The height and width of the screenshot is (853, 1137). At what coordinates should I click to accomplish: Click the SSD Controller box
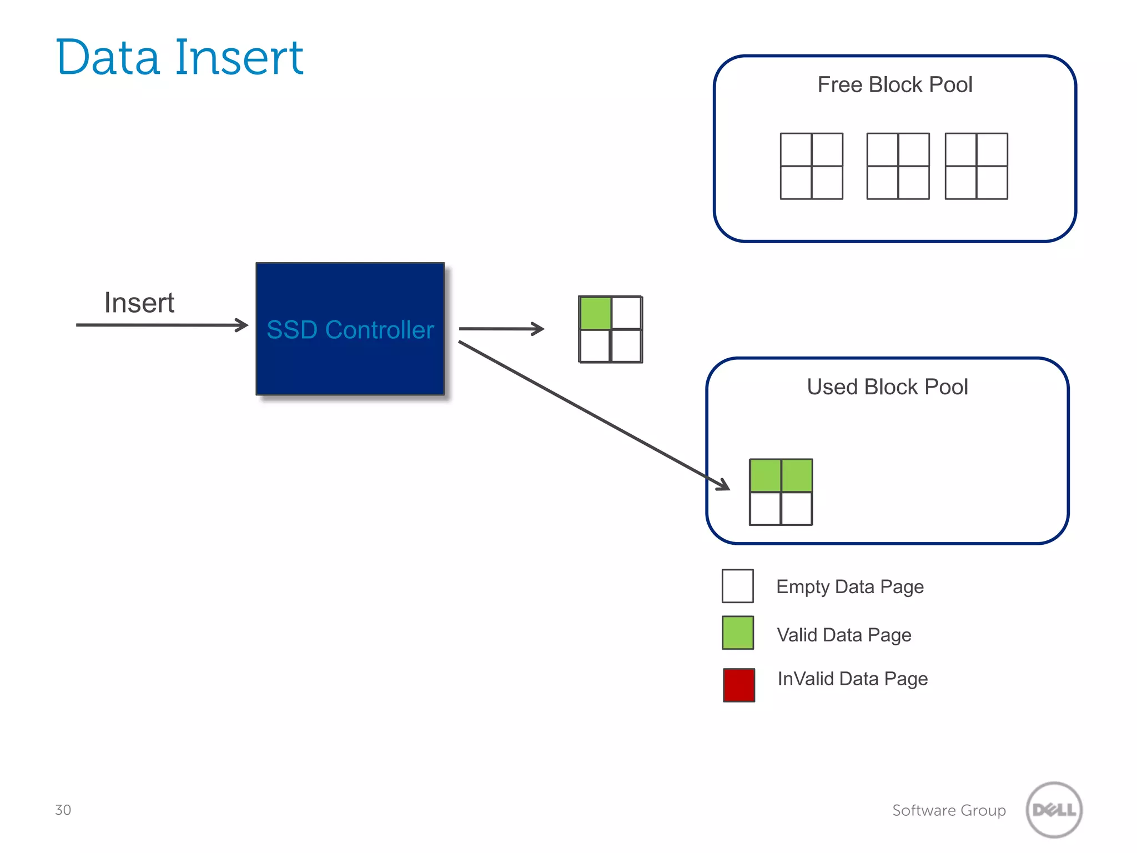tap(350, 329)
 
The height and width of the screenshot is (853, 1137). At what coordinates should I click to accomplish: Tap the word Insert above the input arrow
tap(139, 303)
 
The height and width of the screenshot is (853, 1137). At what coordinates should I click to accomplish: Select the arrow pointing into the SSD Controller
tap(161, 325)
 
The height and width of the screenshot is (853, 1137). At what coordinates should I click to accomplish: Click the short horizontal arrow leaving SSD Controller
tap(501, 329)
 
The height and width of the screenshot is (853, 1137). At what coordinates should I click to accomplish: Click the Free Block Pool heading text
tap(894, 85)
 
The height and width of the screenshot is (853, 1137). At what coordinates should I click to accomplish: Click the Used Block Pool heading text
tap(887, 387)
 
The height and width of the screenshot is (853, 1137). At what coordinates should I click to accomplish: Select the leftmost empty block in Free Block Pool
tap(811, 165)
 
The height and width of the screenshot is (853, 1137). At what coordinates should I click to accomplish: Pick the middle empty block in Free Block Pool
tap(898, 165)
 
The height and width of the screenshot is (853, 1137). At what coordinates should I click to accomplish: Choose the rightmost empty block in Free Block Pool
tap(976, 165)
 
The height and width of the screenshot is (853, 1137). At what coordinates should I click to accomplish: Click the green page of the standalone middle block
tap(595, 313)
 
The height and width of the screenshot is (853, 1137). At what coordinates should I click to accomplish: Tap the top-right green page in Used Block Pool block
tap(797, 475)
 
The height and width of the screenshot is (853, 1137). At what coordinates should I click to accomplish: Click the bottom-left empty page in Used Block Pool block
tap(765, 508)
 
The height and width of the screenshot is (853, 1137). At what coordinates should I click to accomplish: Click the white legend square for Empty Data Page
tap(737, 586)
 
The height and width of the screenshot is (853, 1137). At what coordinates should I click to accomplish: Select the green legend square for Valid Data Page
tap(737, 633)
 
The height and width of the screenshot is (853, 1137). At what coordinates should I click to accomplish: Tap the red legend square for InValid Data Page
tap(738, 685)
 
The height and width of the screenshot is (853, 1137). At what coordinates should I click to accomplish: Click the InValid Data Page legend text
tap(852, 679)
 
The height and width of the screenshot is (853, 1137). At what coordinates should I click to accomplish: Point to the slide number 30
tap(63, 810)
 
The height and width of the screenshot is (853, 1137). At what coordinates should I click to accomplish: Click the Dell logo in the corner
tap(1054, 810)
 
